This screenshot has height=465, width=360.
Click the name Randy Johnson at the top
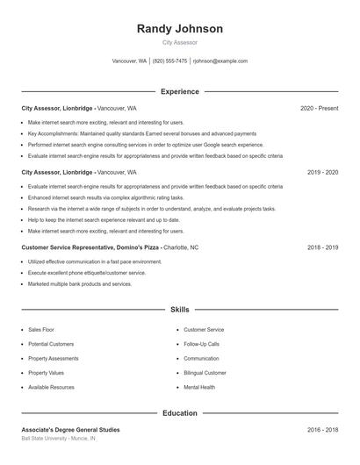179,29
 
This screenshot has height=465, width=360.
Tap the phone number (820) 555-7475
170,61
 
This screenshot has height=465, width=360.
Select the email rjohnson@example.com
220,61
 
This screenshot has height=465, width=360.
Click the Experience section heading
179,91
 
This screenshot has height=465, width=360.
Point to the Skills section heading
179,310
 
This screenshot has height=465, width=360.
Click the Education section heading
179,412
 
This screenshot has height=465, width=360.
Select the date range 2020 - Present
319,108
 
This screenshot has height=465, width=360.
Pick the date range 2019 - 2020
322,173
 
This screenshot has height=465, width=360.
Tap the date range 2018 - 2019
322,247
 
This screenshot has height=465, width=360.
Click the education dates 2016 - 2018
322,430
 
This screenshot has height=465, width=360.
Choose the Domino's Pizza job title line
104,247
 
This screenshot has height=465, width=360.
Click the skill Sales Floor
41,329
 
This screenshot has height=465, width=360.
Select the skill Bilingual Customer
205,372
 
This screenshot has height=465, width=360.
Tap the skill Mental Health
199,387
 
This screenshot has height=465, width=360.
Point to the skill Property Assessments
53,358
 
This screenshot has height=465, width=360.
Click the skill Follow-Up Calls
201,344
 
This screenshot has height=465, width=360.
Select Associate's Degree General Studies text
70,430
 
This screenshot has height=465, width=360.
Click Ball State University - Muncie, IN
59,438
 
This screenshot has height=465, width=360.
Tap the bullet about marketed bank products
80,284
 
